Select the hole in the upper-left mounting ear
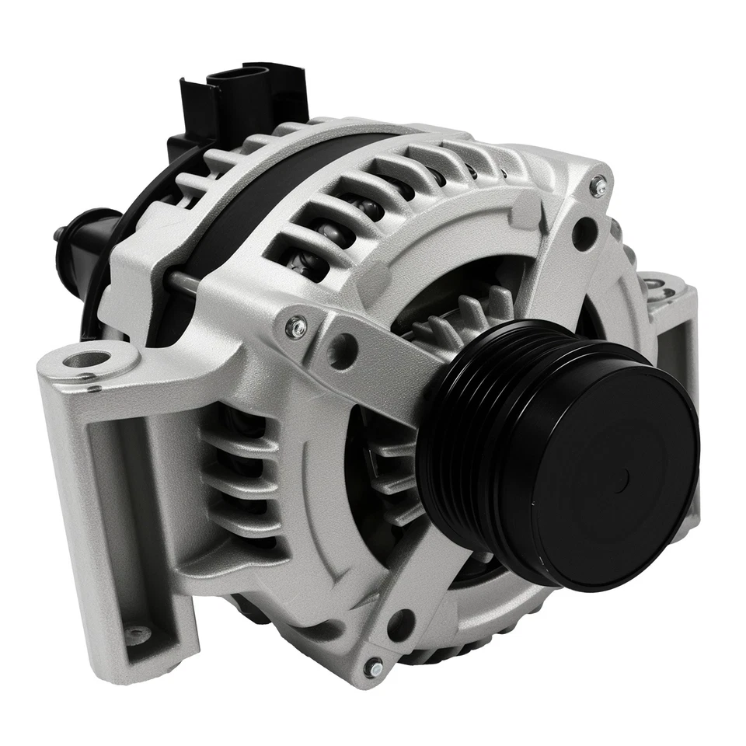[x=87, y=360]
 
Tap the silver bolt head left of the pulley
[x=295, y=327]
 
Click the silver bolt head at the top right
[x=598, y=186]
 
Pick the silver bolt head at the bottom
[x=374, y=668]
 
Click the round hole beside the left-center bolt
[x=341, y=351]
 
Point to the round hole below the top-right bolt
[x=584, y=232]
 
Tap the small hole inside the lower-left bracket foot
[x=138, y=633]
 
